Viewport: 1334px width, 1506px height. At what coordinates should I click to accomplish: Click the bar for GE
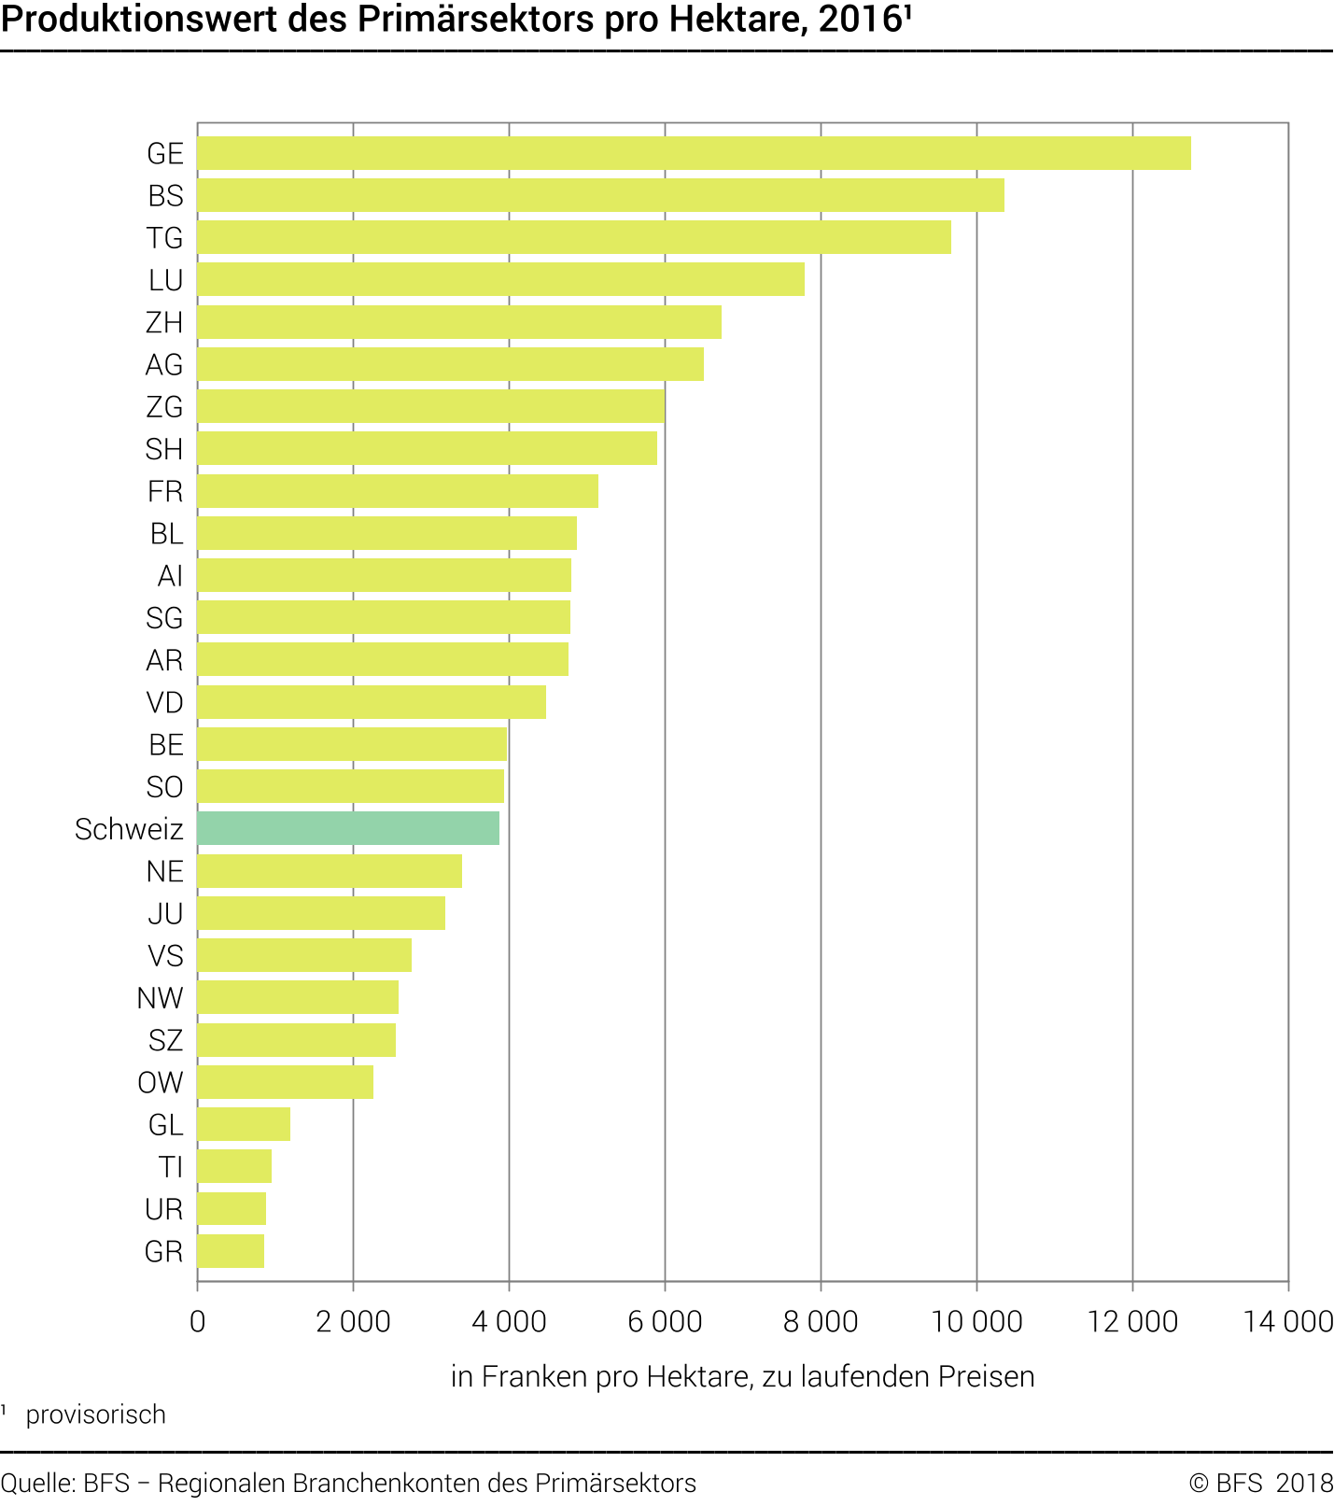coord(694,153)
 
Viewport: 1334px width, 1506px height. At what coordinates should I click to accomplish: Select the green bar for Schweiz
coord(348,828)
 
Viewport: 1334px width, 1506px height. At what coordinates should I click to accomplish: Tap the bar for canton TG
coord(574,237)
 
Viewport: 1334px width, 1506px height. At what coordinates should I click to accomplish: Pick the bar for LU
coord(500,279)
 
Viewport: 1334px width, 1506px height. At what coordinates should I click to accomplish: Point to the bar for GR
coord(231,1251)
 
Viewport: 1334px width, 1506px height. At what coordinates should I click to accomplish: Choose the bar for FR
coord(398,491)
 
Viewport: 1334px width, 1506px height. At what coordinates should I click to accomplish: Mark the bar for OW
coord(285,1082)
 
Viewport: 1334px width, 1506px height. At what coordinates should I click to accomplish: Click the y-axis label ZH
coord(164,322)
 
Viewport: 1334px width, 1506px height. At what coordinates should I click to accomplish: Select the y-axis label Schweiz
coord(129,829)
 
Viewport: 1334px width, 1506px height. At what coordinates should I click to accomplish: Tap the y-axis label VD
coord(164,702)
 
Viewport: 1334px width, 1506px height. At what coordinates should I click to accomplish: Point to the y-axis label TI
coord(170,1167)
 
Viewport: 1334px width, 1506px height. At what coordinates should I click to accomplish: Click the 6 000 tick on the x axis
coord(665,1321)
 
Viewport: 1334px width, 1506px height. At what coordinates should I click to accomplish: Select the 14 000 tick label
coord(1288,1321)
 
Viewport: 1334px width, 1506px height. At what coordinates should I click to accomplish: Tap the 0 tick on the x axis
coord(197,1321)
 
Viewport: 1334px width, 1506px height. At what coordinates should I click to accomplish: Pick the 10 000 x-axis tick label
coord(976,1321)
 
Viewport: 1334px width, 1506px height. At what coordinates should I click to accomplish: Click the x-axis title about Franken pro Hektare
coord(742,1376)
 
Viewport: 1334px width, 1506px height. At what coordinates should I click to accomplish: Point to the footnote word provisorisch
coord(95,1415)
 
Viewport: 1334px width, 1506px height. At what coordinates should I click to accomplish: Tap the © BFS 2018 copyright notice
coord(1260,1483)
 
